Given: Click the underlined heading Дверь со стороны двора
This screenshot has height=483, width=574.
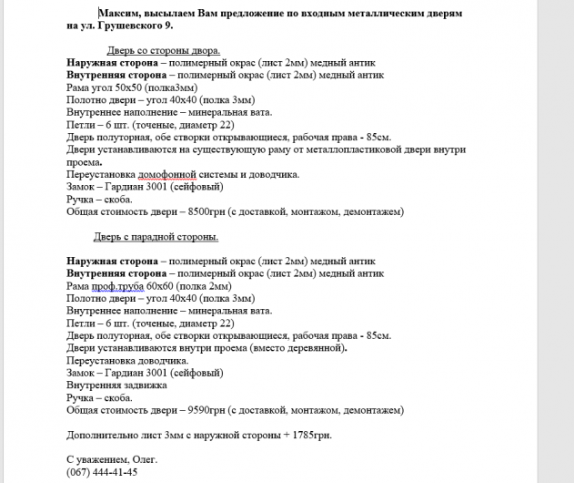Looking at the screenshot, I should (x=164, y=50).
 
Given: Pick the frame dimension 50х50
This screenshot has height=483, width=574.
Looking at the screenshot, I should (x=120, y=87).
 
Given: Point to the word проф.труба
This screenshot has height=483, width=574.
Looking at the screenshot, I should (x=117, y=285).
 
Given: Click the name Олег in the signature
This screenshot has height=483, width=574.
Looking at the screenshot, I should (x=144, y=459).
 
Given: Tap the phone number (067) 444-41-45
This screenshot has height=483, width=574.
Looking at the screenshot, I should (x=102, y=472).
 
